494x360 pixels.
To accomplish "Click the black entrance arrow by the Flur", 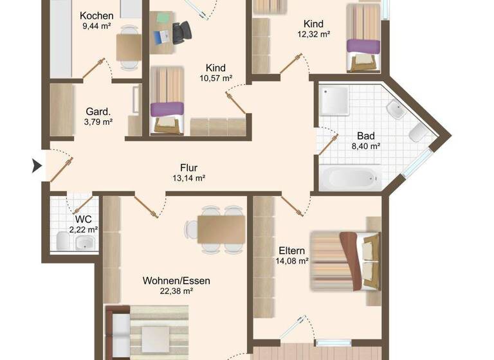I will pos(37,167).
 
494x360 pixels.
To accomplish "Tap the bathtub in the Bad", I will pos(350,177).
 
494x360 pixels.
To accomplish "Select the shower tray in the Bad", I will pos(334,101).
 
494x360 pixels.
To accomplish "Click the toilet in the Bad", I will pos(416,133).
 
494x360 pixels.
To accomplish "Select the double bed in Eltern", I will pos(345,260).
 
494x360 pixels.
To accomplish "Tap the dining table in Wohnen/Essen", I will pos(221,228).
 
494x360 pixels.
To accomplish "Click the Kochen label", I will pos(97,15).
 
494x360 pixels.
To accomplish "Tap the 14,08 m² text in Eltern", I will pos(293,260).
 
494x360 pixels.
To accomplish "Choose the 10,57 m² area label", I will pos(215,78).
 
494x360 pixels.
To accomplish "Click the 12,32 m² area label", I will pos(313,33).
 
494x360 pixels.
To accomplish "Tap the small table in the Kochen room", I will pos(129,46).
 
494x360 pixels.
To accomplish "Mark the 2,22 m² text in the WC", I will pos(83,229).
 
